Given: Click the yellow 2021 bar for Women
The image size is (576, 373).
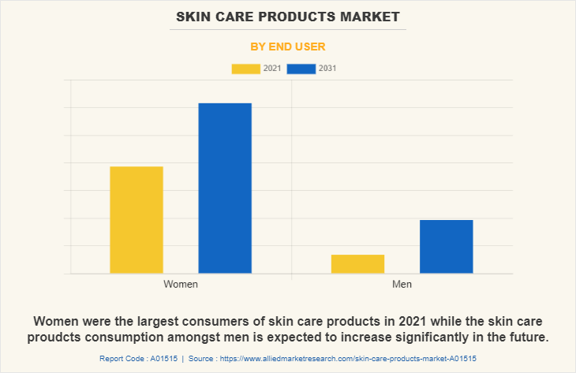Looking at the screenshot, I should click(137, 220).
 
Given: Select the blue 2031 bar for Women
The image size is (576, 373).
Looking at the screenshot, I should click(225, 188).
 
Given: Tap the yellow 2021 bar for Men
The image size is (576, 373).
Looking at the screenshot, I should click(357, 264).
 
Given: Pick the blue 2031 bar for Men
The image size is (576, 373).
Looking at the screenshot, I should click(446, 247).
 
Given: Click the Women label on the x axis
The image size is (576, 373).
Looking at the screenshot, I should click(181, 284).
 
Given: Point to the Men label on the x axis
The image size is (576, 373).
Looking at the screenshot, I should click(402, 284).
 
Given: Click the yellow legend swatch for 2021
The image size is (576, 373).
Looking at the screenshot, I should click(245, 69).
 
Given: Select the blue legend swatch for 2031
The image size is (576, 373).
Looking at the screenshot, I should click(301, 69).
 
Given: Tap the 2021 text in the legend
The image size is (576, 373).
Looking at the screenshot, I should click(272, 69).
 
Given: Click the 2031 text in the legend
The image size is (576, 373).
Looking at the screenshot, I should click(327, 69).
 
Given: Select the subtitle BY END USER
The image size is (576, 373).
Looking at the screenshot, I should click(288, 47).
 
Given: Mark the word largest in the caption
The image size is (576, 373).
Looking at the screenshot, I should click(174, 322).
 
